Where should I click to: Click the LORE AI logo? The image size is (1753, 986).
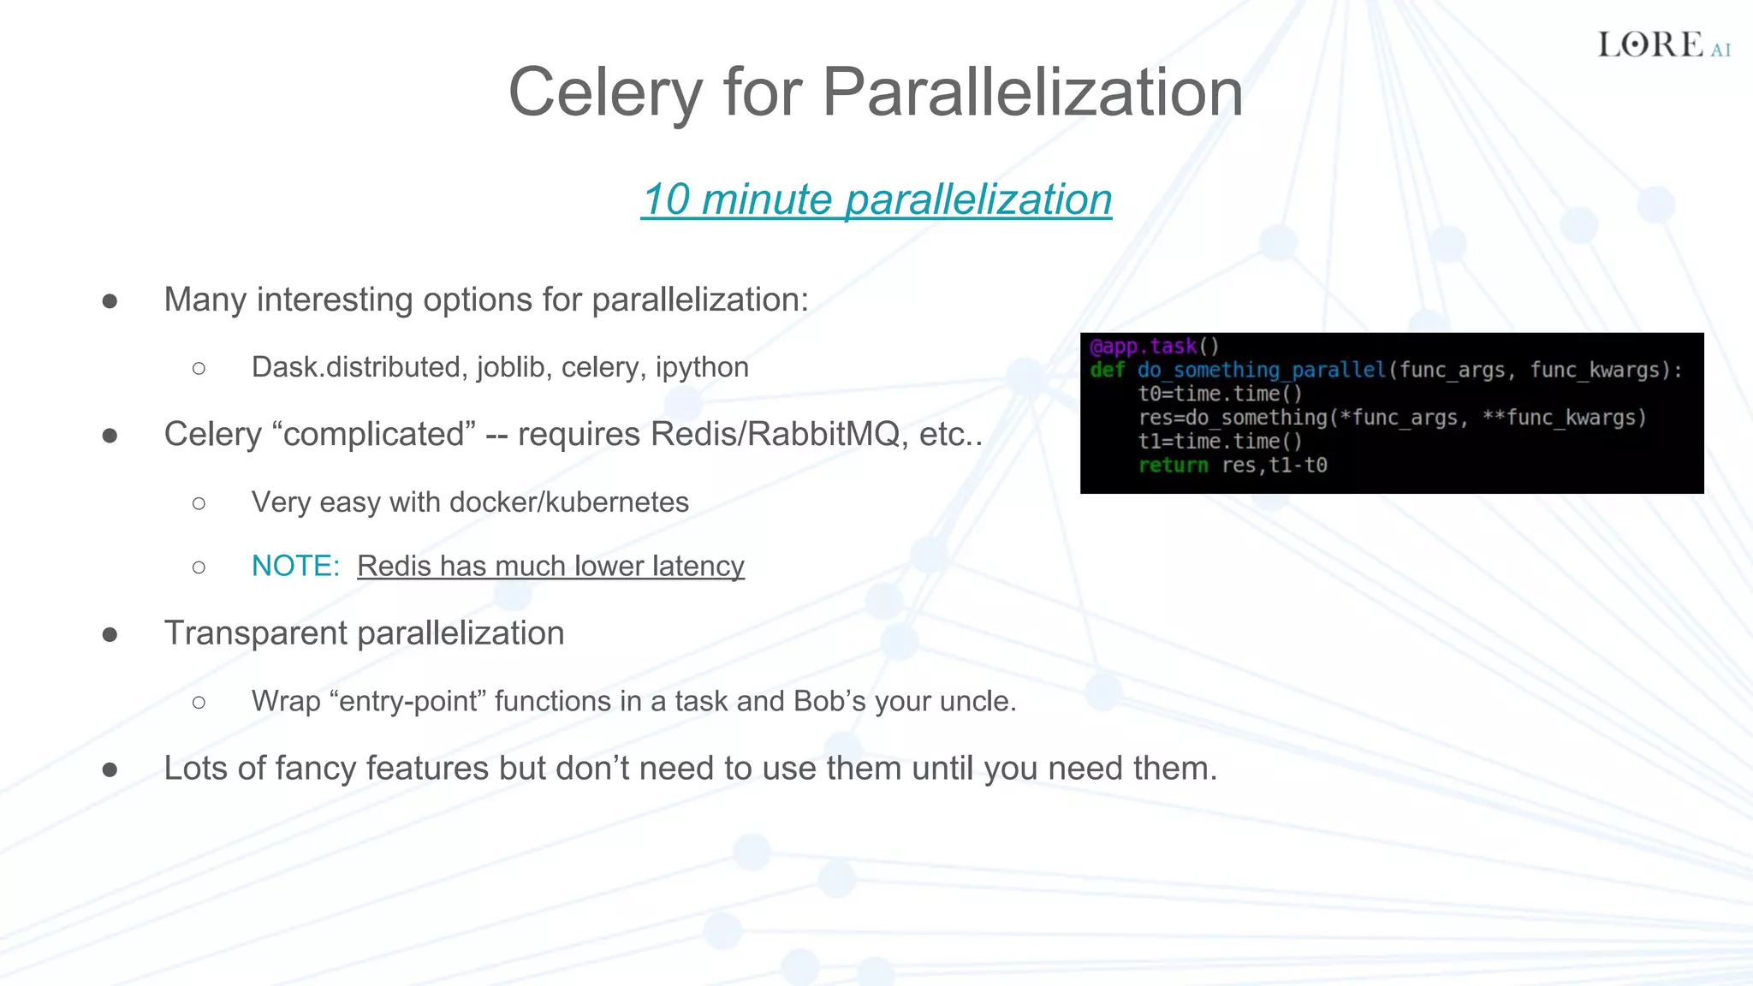pos(1663,45)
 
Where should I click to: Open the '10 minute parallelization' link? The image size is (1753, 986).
pos(876,199)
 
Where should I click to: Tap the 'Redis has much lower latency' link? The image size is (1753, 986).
pos(550,566)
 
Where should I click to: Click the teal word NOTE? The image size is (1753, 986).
pos(295,566)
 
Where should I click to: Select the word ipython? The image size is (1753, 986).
pos(702,367)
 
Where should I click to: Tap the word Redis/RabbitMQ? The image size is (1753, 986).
pos(775,435)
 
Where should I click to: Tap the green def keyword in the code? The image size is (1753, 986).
pos(1107,370)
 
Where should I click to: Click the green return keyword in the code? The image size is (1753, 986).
pos(1173,466)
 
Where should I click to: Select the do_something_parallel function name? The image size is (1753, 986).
pos(1261,370)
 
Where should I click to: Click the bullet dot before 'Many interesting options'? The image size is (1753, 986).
pos(110,301)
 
